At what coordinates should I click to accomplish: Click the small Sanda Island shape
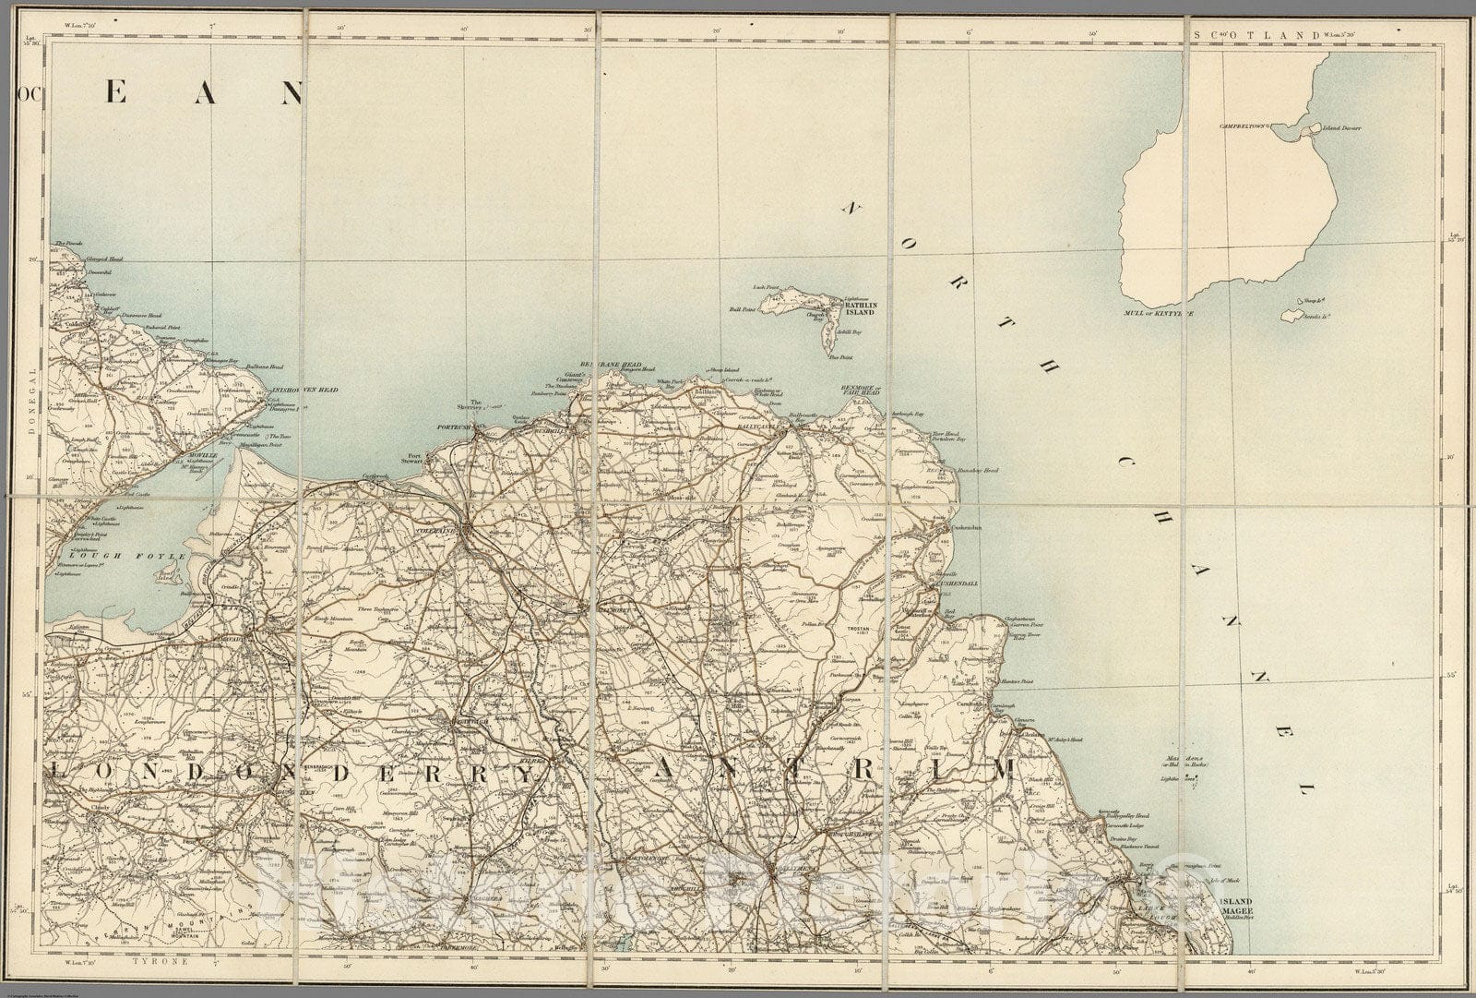(x=1290, y=316)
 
